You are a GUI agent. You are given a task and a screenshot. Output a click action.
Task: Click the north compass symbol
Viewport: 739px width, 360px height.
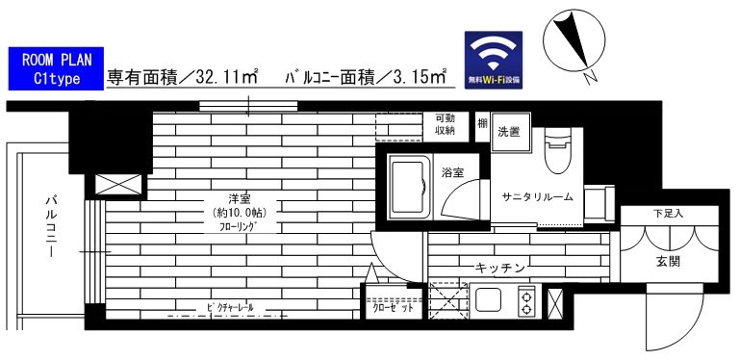click(573, 44)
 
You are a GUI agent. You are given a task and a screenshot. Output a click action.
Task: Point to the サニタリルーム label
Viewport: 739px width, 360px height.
click(537, 196)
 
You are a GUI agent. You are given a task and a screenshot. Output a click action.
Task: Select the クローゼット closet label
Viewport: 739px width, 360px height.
click(393, 309)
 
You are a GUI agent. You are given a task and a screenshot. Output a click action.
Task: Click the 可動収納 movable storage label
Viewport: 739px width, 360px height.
click(445, 123)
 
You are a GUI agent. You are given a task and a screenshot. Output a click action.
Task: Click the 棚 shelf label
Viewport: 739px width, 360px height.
click(481, 124)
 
